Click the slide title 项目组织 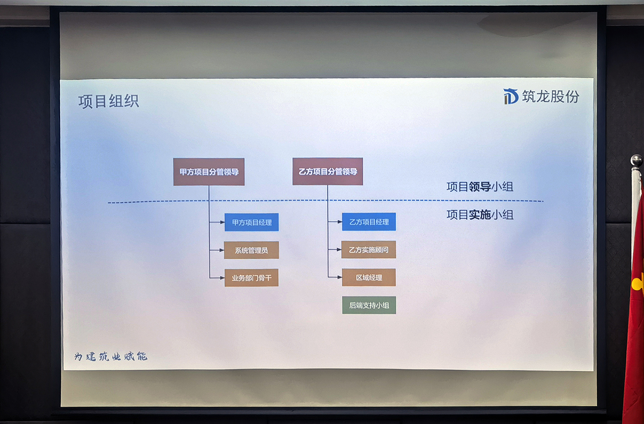pyautogui.click(x=109, y=101)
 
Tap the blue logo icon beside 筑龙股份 pyautogui.click(x=510, y=96)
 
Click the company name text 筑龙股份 pyautogui.click(x=551, y=96)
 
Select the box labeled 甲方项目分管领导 pyautogui.click(x=209, y=172)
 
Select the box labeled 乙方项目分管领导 pyautogui.click(x=328, y=172)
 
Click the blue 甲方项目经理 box pyautogui.click(x=252, y=222)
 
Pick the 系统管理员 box pyautogui.click(x=252, y=250)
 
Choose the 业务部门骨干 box pyautogui.click(x=252, y=278)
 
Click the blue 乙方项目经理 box pyautogui.click(x=369, y=222)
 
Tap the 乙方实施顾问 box pyautogui.click(x=369, y=250)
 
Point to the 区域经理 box pyautogui.click(x=369, y=277)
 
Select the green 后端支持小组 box pyautogui.click(x=369, y=305)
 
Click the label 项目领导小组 pyautogui.click(x=480, y=187)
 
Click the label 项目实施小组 pyautogui.click(x=480, y=215)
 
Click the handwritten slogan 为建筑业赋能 pyautogui.click(x=111, y=356)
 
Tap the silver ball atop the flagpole pyautogui.click(x=636, y=160)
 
